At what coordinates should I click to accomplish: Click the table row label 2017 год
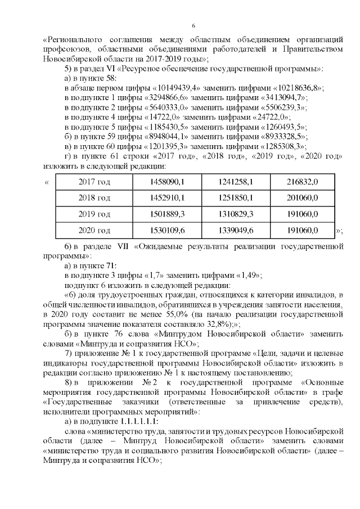pyautogui.click(x=94, y=182)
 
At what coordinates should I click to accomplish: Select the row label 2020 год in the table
pyautogui.click(x=94, y=231)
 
